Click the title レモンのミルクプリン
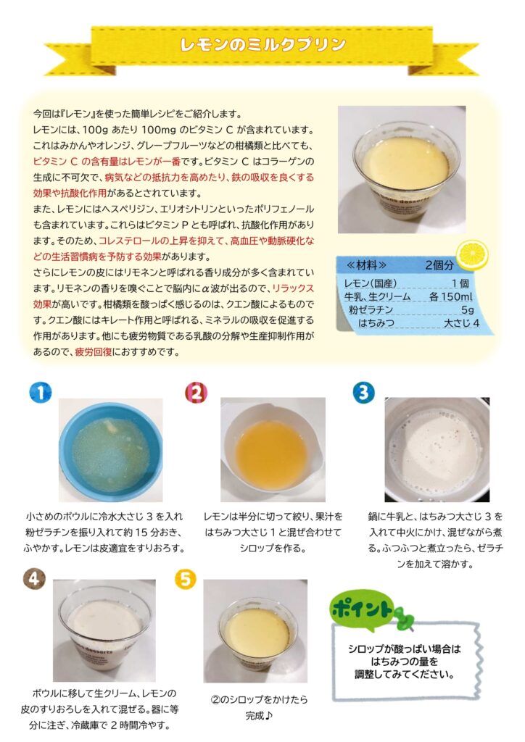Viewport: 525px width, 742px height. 262,44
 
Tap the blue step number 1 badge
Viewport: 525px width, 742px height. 40,393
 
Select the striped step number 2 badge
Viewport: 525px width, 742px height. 196,393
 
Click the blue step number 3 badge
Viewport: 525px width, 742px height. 363,393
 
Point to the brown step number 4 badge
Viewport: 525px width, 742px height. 34,578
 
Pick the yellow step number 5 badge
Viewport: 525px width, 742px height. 186,578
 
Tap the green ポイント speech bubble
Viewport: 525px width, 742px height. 363,609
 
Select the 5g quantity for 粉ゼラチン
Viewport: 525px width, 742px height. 467,310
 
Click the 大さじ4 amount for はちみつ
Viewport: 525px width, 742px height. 461,323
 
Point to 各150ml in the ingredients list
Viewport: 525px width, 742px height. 450,296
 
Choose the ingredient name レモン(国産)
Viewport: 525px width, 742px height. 371,283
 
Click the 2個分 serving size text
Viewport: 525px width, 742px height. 439,265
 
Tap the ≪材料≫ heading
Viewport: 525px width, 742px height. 367,265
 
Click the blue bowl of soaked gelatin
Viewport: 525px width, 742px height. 110,451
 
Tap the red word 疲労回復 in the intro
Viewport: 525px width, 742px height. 94,352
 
